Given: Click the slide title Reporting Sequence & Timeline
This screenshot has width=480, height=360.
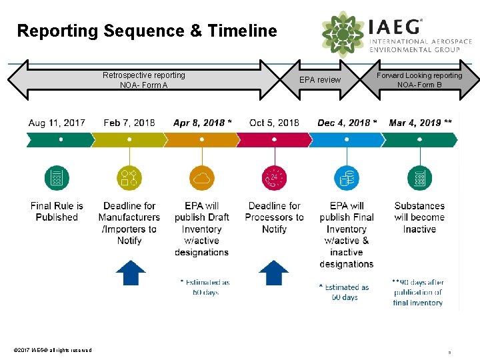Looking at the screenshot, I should [x=147, y=31].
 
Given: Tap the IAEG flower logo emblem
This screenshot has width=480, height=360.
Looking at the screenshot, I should [x=343, y=33].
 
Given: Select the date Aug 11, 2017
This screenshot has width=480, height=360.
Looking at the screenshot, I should [x=57, y=123].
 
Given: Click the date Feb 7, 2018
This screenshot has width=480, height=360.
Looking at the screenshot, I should [x=129, y=123].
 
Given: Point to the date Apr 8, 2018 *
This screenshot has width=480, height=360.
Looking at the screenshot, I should [x=203, y=123].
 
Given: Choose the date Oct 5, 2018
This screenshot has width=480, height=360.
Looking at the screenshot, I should [x=274, y=123].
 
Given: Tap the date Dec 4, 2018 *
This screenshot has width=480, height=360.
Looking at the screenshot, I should [x=347, y=123].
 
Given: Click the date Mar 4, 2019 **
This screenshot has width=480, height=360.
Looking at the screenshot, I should [x=420, y=123].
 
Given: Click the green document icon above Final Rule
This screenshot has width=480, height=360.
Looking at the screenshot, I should [x=57, y=178].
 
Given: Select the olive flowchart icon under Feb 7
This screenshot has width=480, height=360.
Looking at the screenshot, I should [x=129, y=178].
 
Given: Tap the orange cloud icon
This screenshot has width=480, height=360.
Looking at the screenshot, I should [x=201, y=178].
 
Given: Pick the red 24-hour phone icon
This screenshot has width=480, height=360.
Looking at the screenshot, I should [x=274, y=178].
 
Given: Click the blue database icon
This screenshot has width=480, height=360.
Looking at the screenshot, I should [x=347, y=178].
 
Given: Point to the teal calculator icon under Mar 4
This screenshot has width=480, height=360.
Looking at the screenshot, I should [x=419, y=178].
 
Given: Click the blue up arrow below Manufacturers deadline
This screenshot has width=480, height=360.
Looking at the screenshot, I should [x=131, y=273].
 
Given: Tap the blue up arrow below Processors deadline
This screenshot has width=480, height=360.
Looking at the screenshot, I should [x=273, y=273].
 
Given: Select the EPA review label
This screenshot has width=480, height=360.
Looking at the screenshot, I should [x=320, y=80].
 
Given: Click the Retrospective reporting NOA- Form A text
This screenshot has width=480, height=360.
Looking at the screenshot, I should [x=144, y=80].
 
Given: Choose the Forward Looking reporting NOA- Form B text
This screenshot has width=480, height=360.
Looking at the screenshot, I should [x=419, y=80].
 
